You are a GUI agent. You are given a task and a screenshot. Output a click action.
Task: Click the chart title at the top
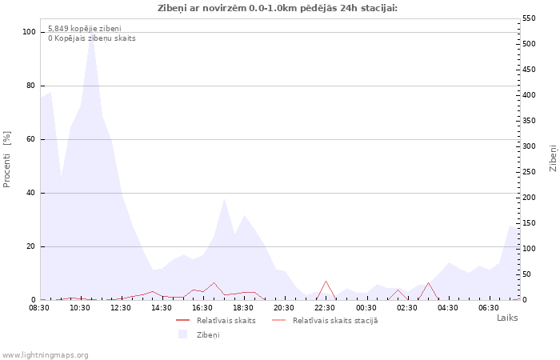point(278,8)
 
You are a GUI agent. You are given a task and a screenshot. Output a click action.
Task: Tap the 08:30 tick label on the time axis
point(39,308)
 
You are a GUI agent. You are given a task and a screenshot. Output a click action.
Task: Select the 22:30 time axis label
point(325,308)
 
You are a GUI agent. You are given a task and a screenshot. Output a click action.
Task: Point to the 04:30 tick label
point(448,308)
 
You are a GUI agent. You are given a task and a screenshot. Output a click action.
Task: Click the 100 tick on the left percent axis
point(29,32)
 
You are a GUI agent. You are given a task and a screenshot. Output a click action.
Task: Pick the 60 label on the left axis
point(31,139)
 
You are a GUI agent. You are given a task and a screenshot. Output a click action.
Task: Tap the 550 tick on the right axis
point(529,18)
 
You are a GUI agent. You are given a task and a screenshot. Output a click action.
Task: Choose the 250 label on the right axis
point(529,172)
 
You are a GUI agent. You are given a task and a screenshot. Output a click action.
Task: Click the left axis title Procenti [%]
point(6,159)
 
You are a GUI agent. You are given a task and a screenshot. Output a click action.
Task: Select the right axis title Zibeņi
point(553,158)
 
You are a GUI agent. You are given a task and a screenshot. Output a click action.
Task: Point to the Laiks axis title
point(507,318)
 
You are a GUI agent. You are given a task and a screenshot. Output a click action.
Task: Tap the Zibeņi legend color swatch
point(183,334)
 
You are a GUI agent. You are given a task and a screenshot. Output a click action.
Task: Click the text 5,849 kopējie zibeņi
point(85,29)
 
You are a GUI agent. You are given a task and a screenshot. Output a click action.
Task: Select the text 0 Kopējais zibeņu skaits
point(92,38)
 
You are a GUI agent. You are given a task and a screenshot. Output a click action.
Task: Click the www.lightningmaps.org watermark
point(45,355)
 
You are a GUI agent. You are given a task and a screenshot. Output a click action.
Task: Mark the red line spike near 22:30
point(326,282)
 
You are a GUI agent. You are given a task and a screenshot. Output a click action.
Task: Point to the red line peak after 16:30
point(214,283)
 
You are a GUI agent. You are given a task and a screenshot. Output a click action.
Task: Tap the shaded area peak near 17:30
point(224,199)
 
